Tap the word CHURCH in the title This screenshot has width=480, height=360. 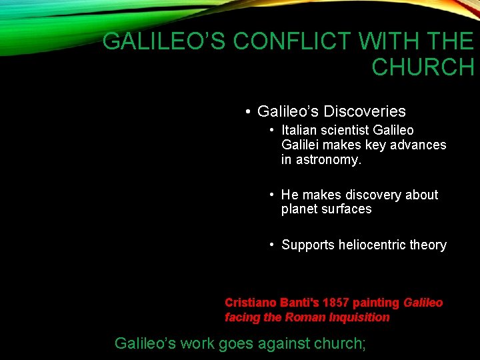click(x=423, y=67)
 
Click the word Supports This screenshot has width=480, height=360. click(x=307, y=245)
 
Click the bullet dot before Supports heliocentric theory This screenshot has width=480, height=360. click(x=272, y=245)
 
